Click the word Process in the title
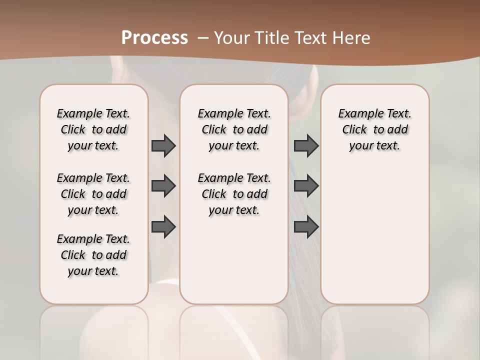(154, 37)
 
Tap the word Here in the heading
(352, 37)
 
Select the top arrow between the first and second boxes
(163, 145)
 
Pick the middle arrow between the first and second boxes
(163, 186)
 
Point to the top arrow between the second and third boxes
(306, 145)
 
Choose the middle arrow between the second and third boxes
(306, 186)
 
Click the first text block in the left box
(93, 129)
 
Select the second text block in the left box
(93, 194)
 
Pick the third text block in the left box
(93, 255)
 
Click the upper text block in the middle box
(234, 129)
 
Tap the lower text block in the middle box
(234, 194)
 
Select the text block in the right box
(374, 129)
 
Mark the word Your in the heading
(232, 37)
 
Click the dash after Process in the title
(203, 38)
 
